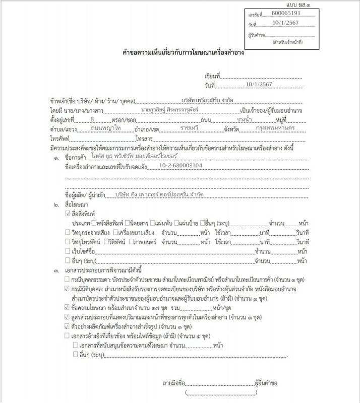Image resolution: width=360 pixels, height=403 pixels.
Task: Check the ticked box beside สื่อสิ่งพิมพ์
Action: (x=68, y=214)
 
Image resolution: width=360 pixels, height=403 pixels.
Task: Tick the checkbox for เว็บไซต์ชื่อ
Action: (x=68, y=251)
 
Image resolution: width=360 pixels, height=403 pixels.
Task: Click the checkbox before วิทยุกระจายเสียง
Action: (x=68, y=232)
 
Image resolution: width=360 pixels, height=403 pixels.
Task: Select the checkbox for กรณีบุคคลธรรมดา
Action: (x=68, y=279)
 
